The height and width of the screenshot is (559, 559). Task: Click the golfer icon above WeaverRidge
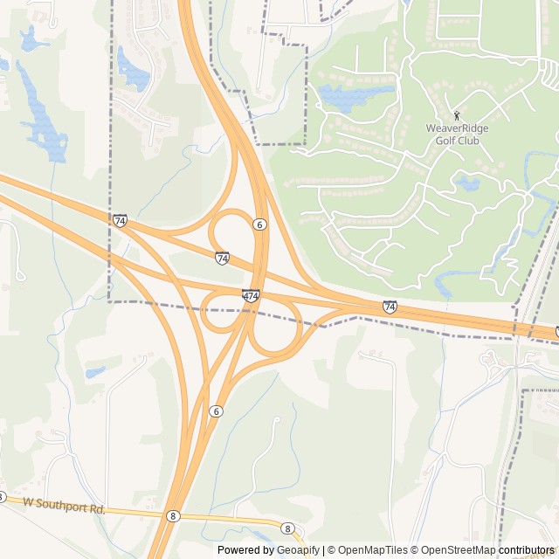click(x=456, y=115)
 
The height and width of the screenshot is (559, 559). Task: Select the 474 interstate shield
click(x=251, y=296)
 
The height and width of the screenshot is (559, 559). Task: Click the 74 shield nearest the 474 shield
click(x=223, y=258)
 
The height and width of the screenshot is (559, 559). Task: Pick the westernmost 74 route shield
click(x=120, y=220)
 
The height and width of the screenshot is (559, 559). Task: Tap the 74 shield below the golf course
click(x=390, y=307)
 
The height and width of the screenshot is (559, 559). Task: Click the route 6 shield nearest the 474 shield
click(x=259, y=224)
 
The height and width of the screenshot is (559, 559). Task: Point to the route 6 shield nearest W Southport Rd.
click(x=216, y=411)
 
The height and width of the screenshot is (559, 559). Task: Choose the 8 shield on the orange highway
click(x=173, y=516)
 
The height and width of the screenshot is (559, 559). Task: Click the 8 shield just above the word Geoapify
click(x=287, y=528)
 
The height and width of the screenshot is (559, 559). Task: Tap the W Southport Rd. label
click(x=64, y=504)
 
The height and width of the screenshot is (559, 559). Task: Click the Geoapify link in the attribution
click(x=298, y=550)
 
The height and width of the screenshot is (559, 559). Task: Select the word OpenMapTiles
click(x=372, y=550)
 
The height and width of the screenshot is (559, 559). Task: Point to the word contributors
click(x=527, y=550)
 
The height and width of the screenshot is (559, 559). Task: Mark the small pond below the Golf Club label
click(x=468, y=183)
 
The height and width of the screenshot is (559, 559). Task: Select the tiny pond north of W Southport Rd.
click(x=95, y=373)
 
